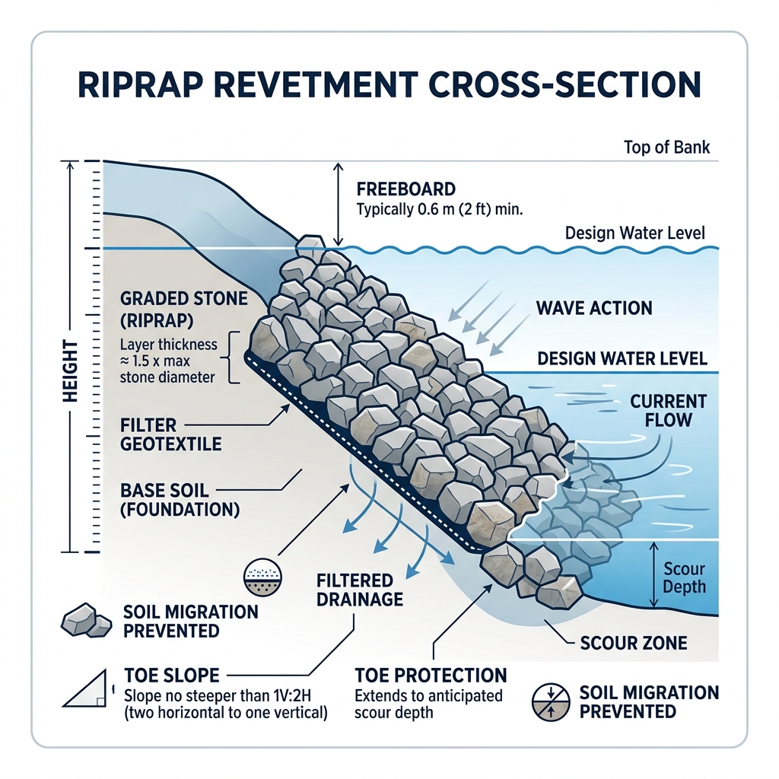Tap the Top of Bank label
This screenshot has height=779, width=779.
[x=666, y=147]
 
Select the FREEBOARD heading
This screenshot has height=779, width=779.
[x=405, y=189]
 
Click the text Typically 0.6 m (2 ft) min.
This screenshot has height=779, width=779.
[x=440, y=208]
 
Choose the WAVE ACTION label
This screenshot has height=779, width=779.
[x=593, y=308]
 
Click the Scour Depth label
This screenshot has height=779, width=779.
[x=683, y=577]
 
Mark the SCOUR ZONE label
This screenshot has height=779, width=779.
[x=634, y=643]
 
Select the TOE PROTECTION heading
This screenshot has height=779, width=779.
[x=431, y=676]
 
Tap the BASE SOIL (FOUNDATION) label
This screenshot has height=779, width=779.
[x=180, y=498]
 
